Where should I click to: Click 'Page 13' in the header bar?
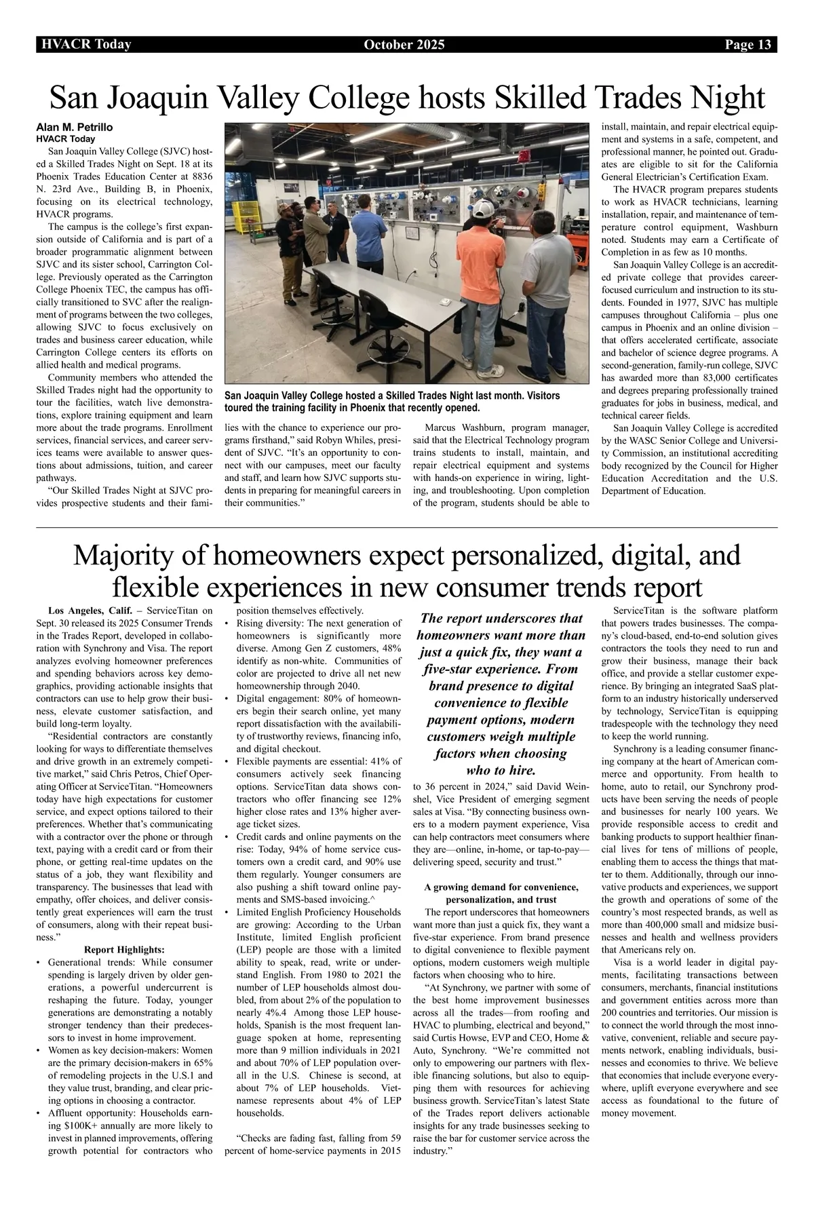748,45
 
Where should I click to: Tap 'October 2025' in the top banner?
404,45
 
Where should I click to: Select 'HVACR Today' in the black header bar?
86,45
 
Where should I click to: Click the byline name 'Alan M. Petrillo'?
74,127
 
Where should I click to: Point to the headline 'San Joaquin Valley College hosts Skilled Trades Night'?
407,98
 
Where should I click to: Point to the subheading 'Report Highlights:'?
124,949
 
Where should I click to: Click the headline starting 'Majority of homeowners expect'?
407,570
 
